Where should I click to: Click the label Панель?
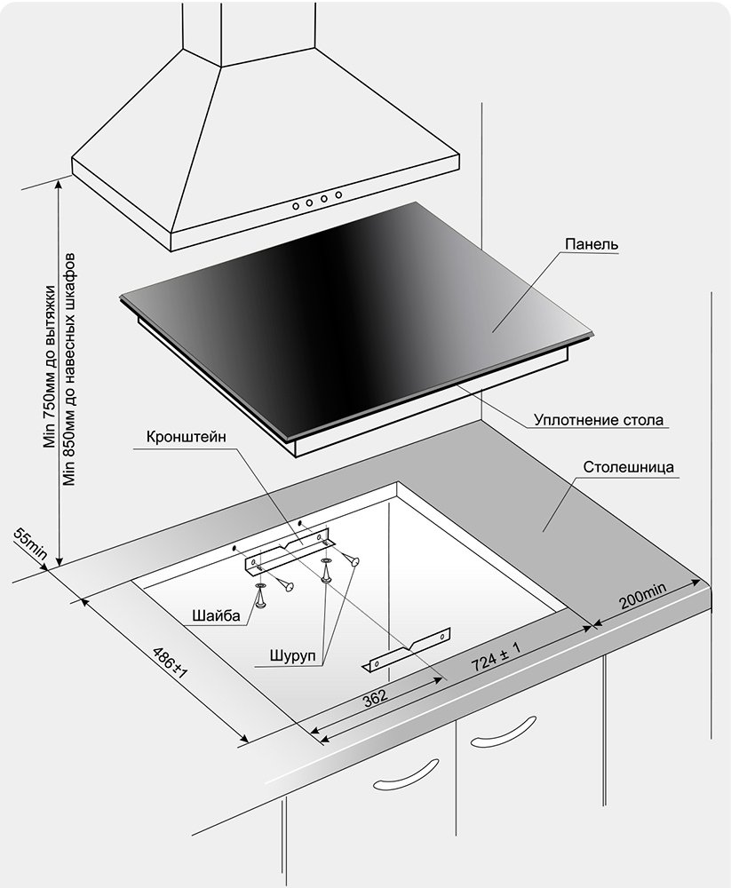click(x=591, y=245)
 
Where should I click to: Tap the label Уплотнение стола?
click(x=599, y=420)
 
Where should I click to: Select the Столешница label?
click(x=629, y=467)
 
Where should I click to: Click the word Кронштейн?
click(x=186, y=438)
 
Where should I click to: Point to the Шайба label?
click(x=217, y=615)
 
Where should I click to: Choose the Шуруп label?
click(x=292, y=656)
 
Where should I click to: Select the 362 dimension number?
click(x=375, y=698)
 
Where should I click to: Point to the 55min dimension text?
click(x=30, y=543)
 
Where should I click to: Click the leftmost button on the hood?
click(x=296, y=206)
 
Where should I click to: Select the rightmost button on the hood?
click(x=338, y=194)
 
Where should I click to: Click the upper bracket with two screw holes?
click(x=287, y=551)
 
